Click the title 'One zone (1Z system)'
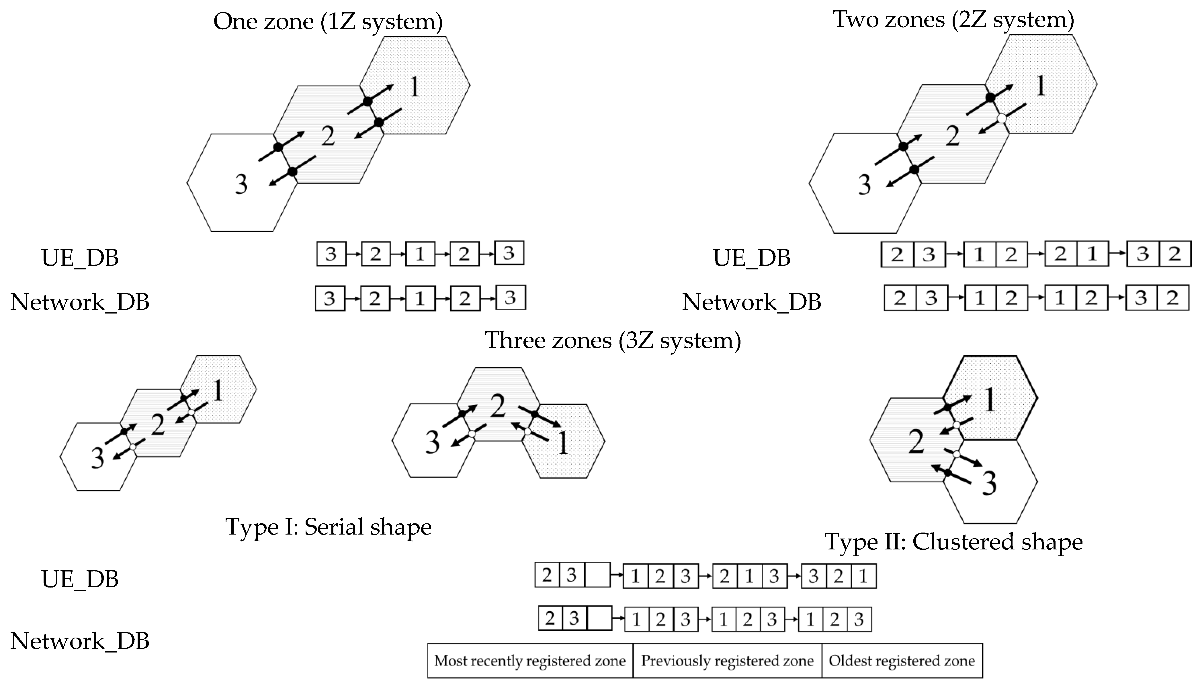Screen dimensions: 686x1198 pos(328,22)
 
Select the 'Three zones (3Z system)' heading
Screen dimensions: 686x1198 pos(613,340)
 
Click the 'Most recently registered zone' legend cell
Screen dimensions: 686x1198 pos(530,661)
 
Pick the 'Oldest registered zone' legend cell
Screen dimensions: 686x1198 pos(901,661)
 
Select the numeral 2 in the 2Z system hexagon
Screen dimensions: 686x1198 pos(952,136)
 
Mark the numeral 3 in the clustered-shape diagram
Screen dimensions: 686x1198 pos(989,483)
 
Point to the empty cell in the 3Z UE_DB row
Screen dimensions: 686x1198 pos(597,575)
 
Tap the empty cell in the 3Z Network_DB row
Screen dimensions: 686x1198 pos(599,618)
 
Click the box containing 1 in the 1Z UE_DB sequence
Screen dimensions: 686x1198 pos(420,254)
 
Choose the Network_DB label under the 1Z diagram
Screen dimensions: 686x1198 pos(80,302)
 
